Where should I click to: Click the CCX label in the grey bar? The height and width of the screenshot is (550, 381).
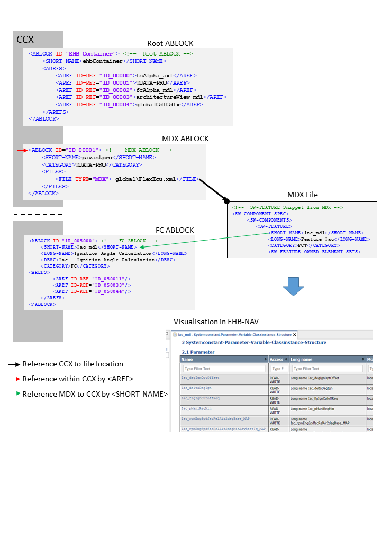[25, 40]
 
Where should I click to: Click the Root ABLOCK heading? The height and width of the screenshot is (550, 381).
[170, 43]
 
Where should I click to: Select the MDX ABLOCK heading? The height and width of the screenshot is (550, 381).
[185, 139]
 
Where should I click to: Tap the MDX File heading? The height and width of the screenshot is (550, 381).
[302, 195]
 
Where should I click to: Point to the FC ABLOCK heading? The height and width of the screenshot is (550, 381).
[175, 230]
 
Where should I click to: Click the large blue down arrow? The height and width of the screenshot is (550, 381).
[293, 285]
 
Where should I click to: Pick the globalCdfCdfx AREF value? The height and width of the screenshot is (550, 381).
[157, 105]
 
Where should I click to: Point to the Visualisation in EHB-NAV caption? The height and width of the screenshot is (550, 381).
[216, 322]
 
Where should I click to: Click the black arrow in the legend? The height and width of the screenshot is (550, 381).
[14, 364]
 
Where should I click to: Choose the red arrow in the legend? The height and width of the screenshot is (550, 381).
[14, 379]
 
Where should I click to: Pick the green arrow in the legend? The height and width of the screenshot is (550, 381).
[14, 394]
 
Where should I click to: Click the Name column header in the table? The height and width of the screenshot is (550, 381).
[187, 359]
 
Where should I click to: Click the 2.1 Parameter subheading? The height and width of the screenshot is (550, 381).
[198, 352]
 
